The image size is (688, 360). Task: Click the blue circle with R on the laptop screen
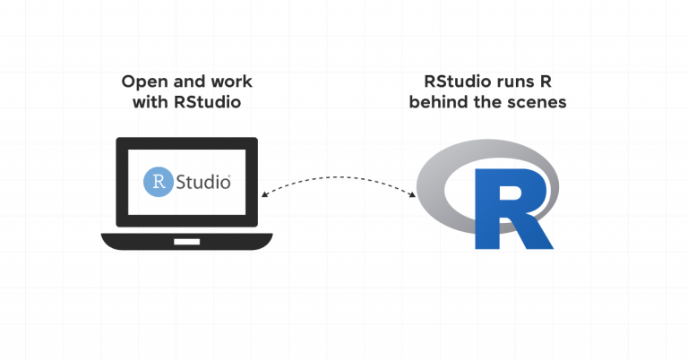159,182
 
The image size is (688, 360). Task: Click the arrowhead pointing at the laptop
262,194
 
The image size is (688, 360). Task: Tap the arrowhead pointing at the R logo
415,194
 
